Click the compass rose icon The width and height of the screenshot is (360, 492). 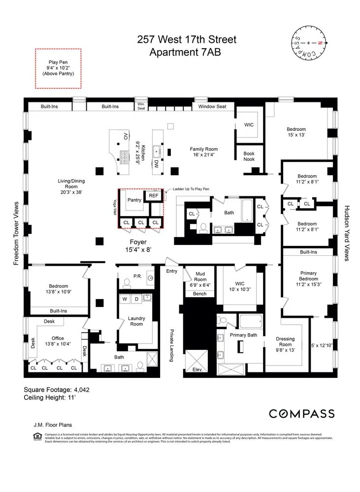point(308,43)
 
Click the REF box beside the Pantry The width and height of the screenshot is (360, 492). point(154,196)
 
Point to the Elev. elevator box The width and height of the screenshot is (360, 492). point(197,369)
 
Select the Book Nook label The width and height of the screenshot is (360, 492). point(249,156)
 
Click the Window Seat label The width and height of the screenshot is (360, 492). point(212,106)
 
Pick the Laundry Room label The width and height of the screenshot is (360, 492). point(136,321)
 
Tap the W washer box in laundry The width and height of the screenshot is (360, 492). point(124,298)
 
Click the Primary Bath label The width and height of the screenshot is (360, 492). point(244,335)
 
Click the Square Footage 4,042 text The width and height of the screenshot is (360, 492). point(57,390)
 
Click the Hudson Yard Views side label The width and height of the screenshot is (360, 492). point(347,233)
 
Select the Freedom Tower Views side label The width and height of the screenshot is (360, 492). point(16,233)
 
